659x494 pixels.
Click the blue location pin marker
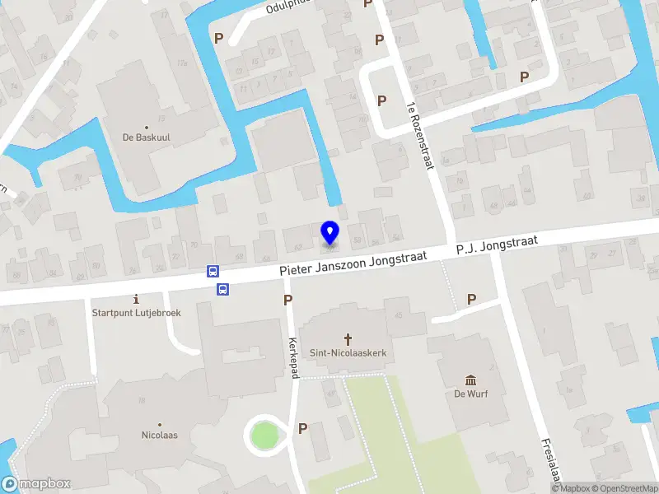pos(329,233)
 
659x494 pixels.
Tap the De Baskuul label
pos(147,138)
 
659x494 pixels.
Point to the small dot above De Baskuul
pos(147,127)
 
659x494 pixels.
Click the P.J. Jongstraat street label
pos(497,245)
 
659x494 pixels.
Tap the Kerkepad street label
pos(293,345)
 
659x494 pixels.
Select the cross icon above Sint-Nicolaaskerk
pos(348,338)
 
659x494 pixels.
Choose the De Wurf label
pos(471,394)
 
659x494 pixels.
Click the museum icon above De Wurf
pos(471,380)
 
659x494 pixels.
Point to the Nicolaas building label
pos(160,435)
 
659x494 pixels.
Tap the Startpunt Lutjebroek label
pos(137,313)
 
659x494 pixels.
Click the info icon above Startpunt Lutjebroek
pos(137,299)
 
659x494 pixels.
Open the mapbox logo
pos(36,484)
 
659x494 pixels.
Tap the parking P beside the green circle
pos(302,428)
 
